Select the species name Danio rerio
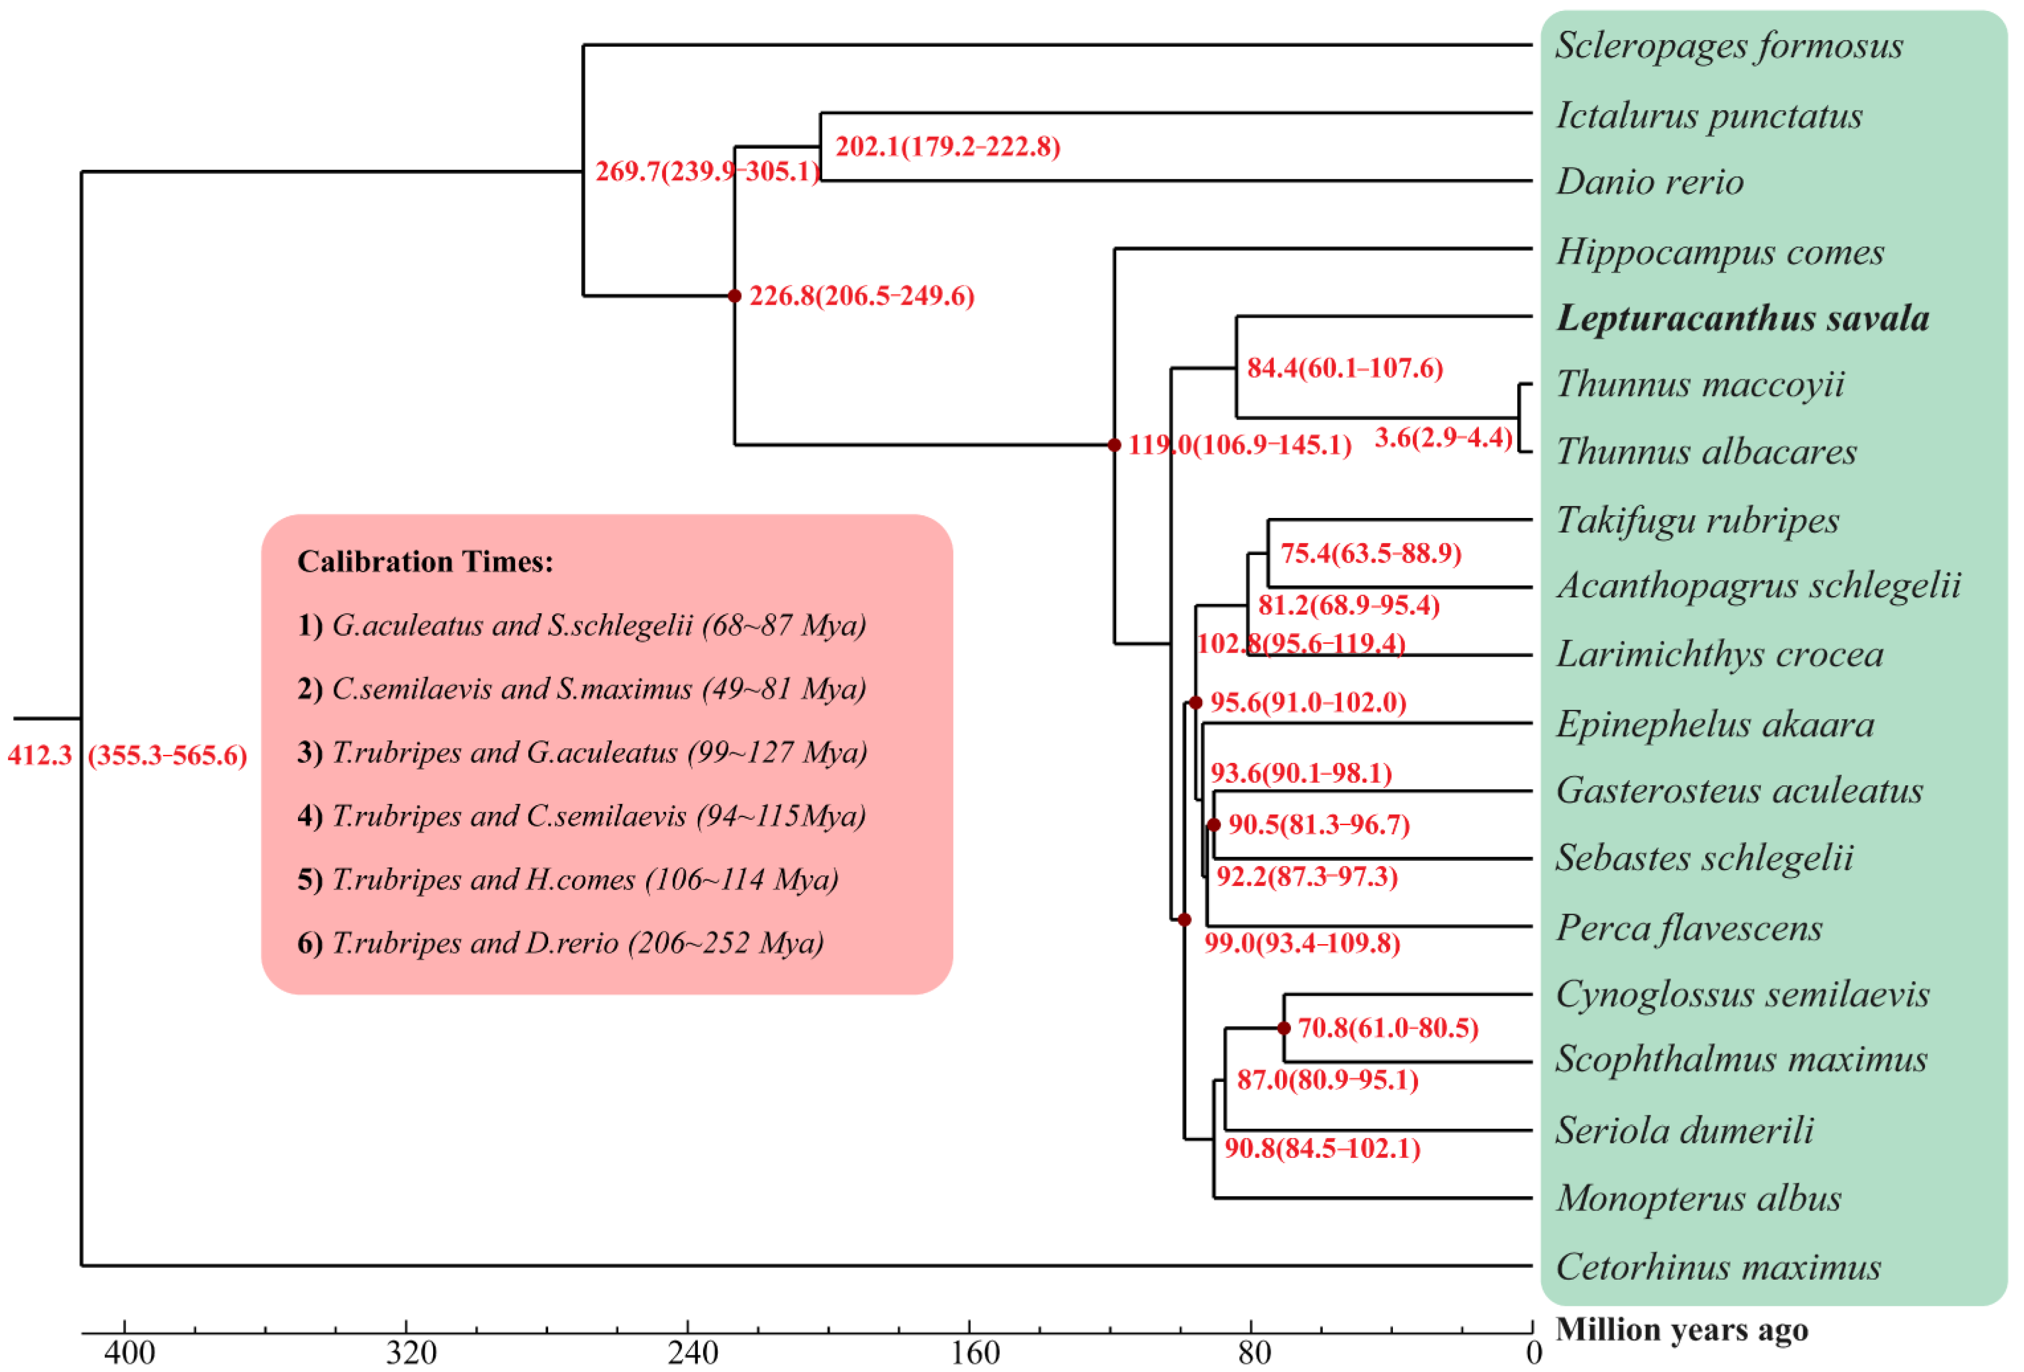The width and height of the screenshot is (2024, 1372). pyautogui.click(x=1649, y=182)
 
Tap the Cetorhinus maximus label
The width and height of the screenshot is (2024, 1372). pyautogui.click(x=1718, y=1267)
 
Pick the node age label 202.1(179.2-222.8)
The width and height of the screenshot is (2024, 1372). pyautogui.click(x=947, y=146)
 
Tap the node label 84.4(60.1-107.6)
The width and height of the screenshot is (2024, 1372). pyautogui.click(x=1344, y=367)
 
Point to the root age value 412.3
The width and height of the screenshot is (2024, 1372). pyautogui.click(x=39, y=755)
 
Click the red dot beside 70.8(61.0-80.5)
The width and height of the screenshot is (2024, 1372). pyautogui.click(x=1283, y=1028)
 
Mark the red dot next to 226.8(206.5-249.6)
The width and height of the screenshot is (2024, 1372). pyautogui.click(x=734, y=296)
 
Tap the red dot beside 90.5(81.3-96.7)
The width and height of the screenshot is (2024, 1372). pyautogui.click(x=1213, y=825)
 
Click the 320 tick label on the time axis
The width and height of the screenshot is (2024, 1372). pyautogui.click(x=411, y=1353)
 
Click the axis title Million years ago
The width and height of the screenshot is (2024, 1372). pyautogui.click(x=1681, y=1330)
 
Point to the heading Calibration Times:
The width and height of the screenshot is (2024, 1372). pyautogui.click(x=425, y=562)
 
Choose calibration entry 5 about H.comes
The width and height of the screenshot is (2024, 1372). pyautogui.click(x=568, y=880)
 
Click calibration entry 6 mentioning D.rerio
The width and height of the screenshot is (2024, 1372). pyautogui.click(x=560, y=944)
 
